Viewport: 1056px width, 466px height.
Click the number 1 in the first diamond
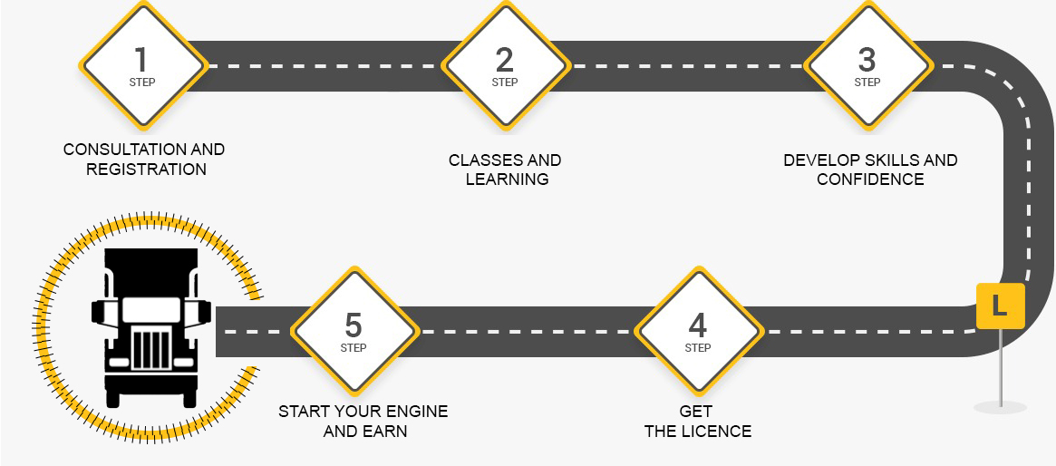(140, 60)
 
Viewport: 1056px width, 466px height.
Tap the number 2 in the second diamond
(505, 60)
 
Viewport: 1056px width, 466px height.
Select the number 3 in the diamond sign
(867, 60)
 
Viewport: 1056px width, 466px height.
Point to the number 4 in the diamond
(697, 325)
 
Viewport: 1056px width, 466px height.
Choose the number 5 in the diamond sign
(354, 325)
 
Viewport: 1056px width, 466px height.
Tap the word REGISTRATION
(146, 170)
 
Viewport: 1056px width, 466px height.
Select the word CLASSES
(481, 160)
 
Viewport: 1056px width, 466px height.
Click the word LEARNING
(507, 180)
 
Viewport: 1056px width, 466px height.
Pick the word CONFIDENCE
(870, 180)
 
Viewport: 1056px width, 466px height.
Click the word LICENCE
(716, 432)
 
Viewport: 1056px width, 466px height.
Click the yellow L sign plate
(1000, 306)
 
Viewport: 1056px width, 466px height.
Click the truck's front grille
(150, 347)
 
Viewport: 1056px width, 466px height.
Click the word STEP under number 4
(698, 348)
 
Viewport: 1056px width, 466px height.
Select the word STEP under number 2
(505, 83)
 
